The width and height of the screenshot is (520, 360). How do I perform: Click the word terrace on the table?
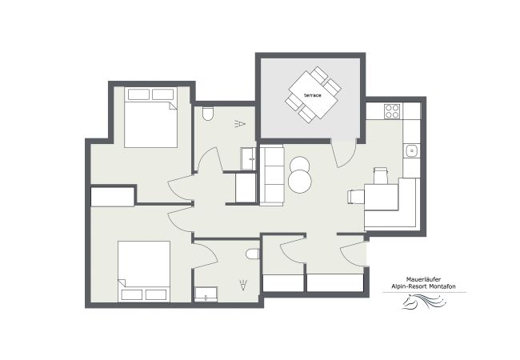tap(313, 95)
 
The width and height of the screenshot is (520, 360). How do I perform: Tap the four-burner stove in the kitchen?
tap(392, 111)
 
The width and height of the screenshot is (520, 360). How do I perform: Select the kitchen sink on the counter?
tap(411, 151)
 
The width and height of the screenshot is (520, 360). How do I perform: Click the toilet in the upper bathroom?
tap(208, 114)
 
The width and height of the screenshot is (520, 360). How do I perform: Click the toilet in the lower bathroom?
tap(253, 254)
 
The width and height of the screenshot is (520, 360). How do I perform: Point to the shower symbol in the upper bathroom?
tap(240, 124)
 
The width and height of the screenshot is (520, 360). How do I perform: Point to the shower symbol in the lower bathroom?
tap(244, 286)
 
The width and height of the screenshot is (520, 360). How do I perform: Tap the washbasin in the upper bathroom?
tap(248, 158)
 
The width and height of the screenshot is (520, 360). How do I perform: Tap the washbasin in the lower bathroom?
tap(206, 294)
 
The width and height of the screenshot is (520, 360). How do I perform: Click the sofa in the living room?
tap(272, 174)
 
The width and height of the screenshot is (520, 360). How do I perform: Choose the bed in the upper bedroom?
tap(151, 118)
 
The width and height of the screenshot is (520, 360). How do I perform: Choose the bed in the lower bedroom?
tap(144, 271)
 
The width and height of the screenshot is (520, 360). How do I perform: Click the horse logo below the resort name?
tap(424, 302)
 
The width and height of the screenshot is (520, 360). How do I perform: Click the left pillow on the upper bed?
tap(138, 94)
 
